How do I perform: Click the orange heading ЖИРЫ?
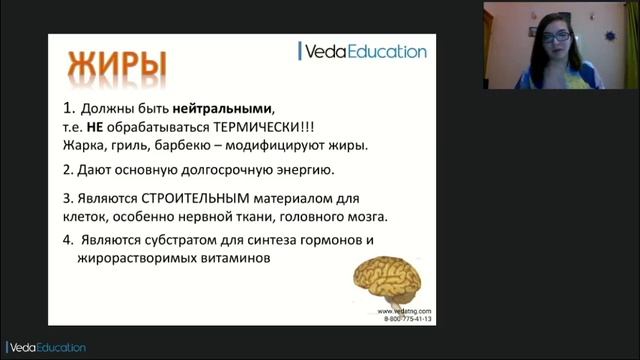pos(117,63)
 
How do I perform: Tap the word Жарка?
pos(82,145)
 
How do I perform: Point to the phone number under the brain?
pos(407,318)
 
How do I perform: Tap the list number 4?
pos(67,240)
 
